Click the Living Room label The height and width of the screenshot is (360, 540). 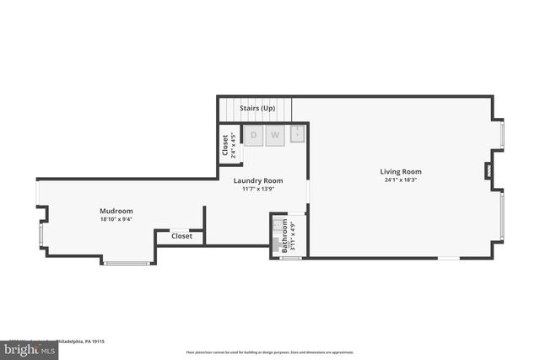pyautogui.click(x=401, y=171)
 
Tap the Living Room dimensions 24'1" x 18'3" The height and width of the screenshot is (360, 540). pyautogui.click(x=401, y=180)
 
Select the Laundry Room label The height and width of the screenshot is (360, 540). pyautogui.click(x=258, y=180)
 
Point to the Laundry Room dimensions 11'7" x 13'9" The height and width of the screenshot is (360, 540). pyautogui.click(x=258, y=189)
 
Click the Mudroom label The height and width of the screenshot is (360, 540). pyautogui.click(x=116, y=211)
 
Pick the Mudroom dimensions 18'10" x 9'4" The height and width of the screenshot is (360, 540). pyautogui.click(x=116, y=219)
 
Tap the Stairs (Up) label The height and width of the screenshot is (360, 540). pyautogui.click(x=257, y=109)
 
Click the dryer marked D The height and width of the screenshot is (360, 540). pyautogui.click(x=253, y=135)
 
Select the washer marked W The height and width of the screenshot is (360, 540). pyautogui.click(x=275, y=135)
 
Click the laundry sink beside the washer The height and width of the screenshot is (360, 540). pyautogui.click(x=298, y=133)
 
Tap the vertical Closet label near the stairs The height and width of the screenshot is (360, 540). pyautogui.click(x=225, y=145)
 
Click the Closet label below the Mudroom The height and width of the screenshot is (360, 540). pyautogui.click(x=181, y=236)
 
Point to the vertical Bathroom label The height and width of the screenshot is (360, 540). pyautogui.click(x=285, y=235)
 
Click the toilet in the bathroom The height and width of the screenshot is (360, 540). pyautogui.click(x=277, y=245)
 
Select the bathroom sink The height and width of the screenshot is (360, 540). pyautogui.click(x=277, y=226)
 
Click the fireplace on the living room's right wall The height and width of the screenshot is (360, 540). pyautogui.click(x=489, y=170)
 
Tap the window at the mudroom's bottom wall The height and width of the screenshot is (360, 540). pyautogui.click(x=127, y=263)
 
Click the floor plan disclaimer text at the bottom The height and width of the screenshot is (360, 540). pyautogui.click(x=270, y=352)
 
